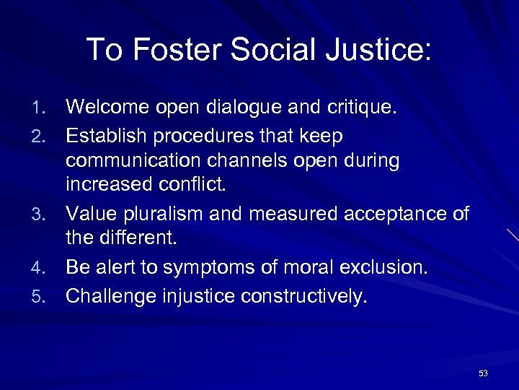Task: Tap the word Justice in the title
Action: (379, 50)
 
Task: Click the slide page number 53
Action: (483, 373)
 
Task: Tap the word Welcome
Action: (106, 108)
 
